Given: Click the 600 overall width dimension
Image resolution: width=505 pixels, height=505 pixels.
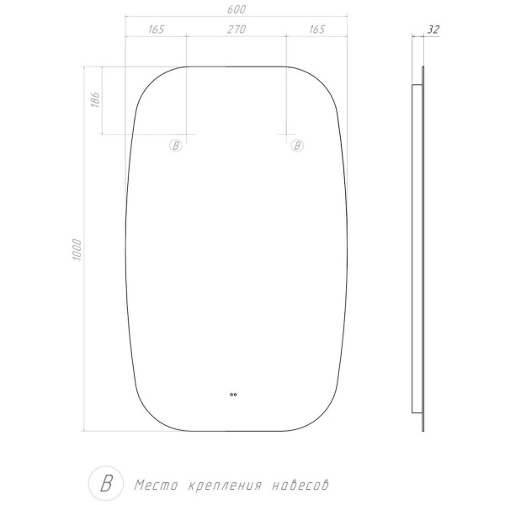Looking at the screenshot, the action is (237, 9).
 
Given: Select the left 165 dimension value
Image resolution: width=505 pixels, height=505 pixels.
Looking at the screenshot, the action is (157, 29).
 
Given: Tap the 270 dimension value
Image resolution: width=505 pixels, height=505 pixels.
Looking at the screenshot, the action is (237, 29).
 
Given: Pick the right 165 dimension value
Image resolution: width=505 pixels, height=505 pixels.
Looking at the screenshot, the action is (317, 29).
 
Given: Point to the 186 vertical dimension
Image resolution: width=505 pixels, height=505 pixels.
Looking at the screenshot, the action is (96, 99).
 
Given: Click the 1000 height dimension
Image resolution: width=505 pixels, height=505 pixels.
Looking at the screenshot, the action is (77, 250).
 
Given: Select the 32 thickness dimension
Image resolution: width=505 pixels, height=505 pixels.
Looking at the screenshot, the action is (433, 29).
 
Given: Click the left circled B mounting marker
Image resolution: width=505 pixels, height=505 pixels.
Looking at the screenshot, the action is (176, 146).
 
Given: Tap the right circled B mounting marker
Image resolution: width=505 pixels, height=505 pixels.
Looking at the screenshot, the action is (297, 146).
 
